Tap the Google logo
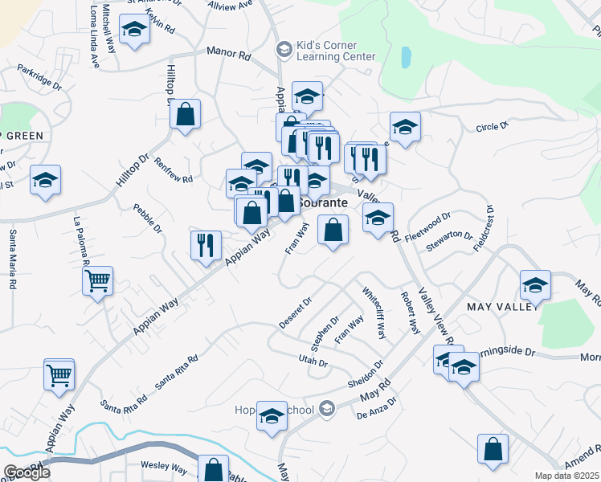[x=27, y=472]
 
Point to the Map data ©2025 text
[x=567, y=476]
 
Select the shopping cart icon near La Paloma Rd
[x=97, y=281]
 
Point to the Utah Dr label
[x=313, y=363]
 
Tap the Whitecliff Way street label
[x=375, y=312]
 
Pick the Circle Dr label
[x=493, y=127]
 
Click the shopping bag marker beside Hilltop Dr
[x=185, y=115]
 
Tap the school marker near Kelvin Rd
[x=134, y=31]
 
